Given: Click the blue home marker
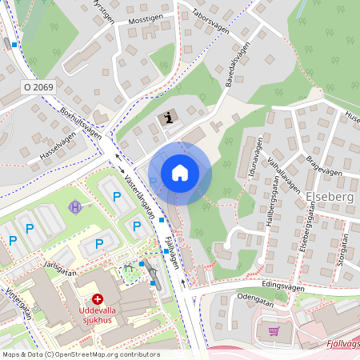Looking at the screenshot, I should click(x=179, y=173).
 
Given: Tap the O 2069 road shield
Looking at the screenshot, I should click(x=38, y=86).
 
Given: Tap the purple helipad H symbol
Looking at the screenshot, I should click(x=76, y=207).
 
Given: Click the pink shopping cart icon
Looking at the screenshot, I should click(x=274, y=330).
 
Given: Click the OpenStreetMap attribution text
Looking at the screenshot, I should click(x=80, y=354).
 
